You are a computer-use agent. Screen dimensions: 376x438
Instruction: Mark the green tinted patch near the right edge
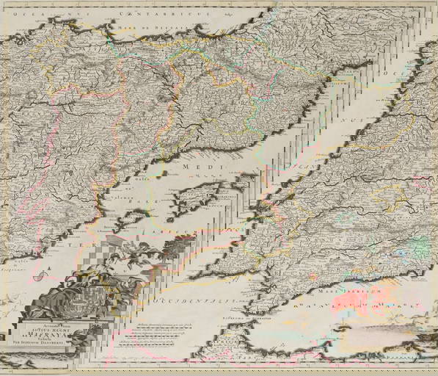pos(419,247)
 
